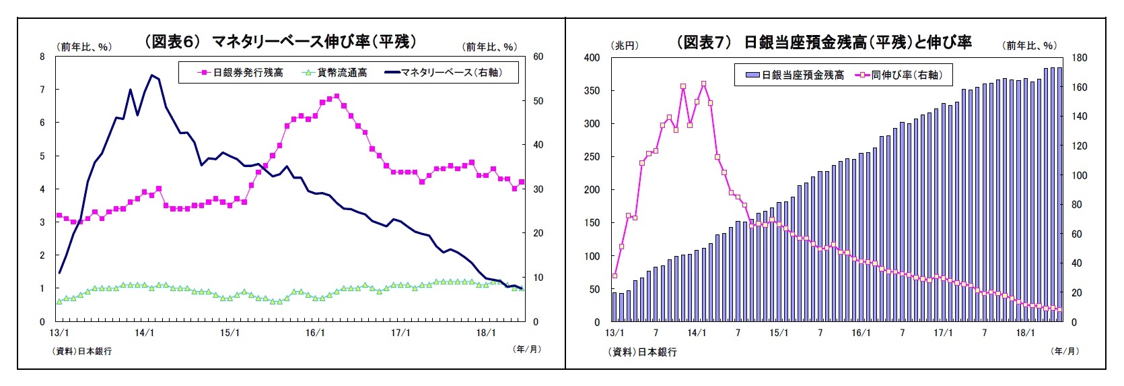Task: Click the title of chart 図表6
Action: pyautogui.click(x=281, y=42)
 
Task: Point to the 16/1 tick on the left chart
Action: pyautogui.click(x=315, y=333)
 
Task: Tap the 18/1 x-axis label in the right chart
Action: pyautogui.click(x=1025, y=333)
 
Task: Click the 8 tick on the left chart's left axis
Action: pyautogui.click(x=42, y=57)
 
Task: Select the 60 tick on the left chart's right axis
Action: pyautogui.click(x=538, y=57)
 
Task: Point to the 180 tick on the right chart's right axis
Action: pyautogui.click(x=1079, y=58)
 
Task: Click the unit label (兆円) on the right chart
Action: pyautogui.click(x=624, y=45)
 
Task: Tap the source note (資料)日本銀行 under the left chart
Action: pyautogui.click(x=82, y=351)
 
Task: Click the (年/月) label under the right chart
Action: pyautogui.click(x=1064, y=351)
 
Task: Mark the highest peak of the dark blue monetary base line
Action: pyautogui.click(x=151, y=75)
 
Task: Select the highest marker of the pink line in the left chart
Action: pyautogui.click(x=337, y=96)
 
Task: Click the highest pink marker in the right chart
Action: pyautogui.click(x=703, y=84)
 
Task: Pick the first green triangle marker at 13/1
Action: pyautogui.click(x=59, y=301)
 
